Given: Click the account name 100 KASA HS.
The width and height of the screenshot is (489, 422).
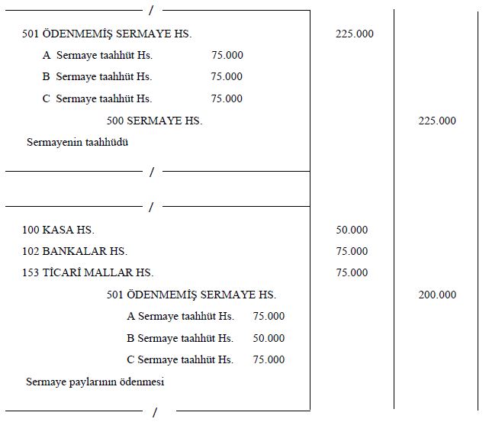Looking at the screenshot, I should [x=59, y=230].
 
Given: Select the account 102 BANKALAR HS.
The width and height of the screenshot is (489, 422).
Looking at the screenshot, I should [x=75, y=251].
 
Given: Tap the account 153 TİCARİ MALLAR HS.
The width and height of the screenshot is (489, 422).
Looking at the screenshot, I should [x=88, y=272].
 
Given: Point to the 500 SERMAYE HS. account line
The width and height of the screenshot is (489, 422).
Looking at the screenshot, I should [x=155, y=121].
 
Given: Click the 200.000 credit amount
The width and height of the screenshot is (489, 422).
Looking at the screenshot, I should [x=437, y=295].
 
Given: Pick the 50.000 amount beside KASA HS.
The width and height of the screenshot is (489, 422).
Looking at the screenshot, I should [x=351, y=230].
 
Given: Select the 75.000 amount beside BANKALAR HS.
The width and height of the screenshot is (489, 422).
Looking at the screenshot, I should [x=351, y=251].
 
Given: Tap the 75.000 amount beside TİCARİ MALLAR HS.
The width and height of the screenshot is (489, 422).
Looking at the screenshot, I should [x=351, y=272].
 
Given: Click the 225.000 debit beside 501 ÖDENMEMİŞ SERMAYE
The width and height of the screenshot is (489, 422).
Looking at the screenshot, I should [x=354, y=34].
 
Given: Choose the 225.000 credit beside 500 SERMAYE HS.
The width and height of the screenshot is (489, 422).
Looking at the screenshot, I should [x=437, y=121].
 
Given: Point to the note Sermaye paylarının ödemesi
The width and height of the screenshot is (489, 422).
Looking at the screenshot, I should [x=95, y=381].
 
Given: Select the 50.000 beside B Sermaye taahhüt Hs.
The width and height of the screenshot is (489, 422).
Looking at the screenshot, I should [x=269, y=338].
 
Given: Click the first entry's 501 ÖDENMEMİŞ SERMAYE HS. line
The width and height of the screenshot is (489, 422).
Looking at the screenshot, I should [x=107, y=34].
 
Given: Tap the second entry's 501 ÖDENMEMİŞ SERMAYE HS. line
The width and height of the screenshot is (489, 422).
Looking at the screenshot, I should [x=191, y=295].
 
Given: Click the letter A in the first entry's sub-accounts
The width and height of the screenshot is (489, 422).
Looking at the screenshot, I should [x=47, y=55].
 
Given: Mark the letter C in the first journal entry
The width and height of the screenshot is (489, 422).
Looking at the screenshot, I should [x=47, y=98].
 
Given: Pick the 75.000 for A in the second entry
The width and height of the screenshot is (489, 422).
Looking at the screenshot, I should [x=269, y=316].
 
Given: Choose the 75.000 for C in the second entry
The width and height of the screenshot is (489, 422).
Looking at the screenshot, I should [x=269, y=359].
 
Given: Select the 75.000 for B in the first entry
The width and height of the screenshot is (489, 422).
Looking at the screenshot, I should [x=227, y=76].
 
